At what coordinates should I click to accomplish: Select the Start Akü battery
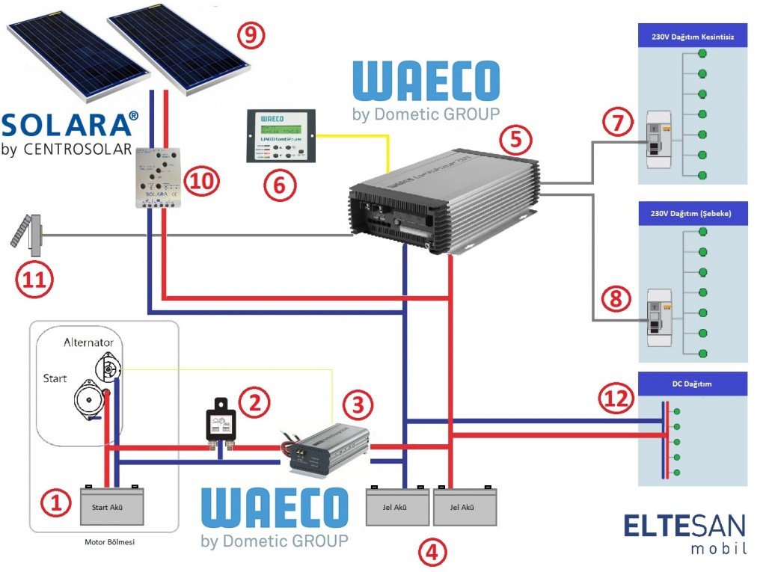(111, 507)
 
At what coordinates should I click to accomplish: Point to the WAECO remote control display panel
(281, 138)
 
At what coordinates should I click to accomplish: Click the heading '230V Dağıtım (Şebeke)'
(690, 213)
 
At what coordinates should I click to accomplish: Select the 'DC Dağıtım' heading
(690, 384)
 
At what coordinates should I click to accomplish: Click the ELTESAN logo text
(685, 526)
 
